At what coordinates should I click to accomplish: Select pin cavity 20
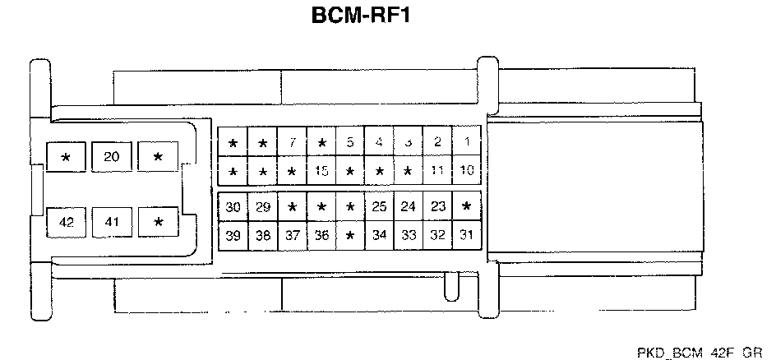coord(112,156)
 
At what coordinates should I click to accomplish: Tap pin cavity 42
coord(67,221)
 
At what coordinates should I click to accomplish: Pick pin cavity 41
coord(112,221)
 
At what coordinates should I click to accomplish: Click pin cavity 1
coord(467,142)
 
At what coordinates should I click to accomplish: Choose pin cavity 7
coord(292,142)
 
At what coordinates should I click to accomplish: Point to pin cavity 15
coord(321,172)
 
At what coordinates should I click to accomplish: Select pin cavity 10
coord(467,172)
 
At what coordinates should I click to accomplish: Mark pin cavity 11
coord(437,172)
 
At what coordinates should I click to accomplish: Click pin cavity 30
coord(233,206)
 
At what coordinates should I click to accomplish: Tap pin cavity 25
coord(379,206)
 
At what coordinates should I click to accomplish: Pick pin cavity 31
coord(467,236)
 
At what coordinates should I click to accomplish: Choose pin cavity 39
coord(233,236)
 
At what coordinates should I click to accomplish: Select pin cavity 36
coord(321,236)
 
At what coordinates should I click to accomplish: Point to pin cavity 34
coord(379,236)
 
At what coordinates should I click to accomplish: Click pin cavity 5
coord(350,142)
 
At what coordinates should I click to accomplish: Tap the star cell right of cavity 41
coord(158,221)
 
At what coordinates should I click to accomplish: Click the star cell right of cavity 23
coord(467,206)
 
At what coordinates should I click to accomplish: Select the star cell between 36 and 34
coord(350,236)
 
